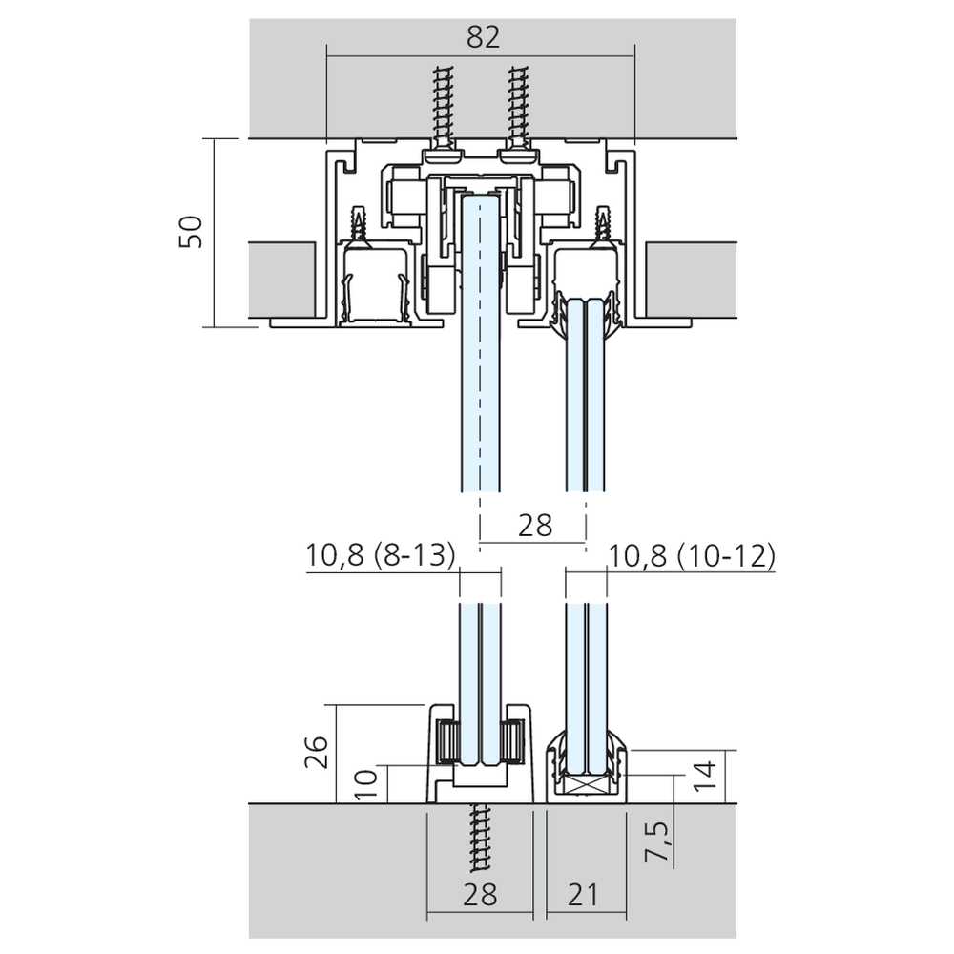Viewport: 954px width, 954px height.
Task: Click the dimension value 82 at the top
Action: pos(483,37)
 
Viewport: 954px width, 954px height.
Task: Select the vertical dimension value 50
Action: pos(191,232)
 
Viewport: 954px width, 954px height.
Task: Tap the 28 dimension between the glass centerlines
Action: pos(535,525)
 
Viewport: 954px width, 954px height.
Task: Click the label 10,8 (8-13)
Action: pos(381,555)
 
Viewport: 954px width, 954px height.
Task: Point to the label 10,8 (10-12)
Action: pos(692,555)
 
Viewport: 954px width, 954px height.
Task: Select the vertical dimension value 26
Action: pos(317,752)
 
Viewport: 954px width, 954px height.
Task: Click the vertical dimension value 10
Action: pos(365,784)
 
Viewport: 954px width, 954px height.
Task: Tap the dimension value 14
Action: pos(706,776)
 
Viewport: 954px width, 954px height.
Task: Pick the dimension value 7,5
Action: pos(658,841)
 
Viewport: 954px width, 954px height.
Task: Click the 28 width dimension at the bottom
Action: pos(480,895)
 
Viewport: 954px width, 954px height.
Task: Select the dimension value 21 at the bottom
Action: pos(583,895)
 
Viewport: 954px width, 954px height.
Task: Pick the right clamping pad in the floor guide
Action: pos(513,740)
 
